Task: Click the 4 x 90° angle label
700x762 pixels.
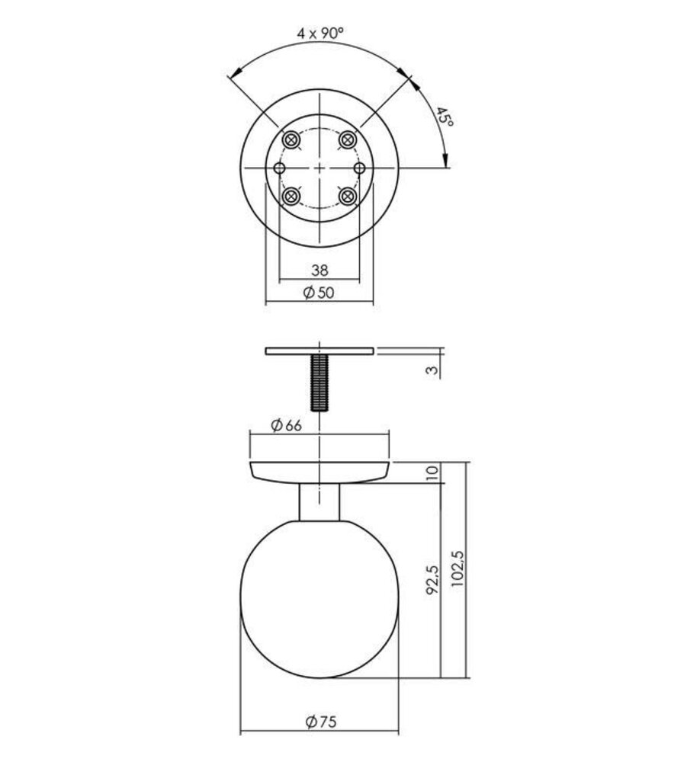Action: pyautogui.click(x=320, y=34)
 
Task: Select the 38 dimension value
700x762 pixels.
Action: pyautogui.click(x=319, y=269)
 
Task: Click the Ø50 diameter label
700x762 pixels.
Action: pyautogui.click(x=319, y=293)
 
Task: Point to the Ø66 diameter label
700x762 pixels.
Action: pyautogui.click(x=287, y=425)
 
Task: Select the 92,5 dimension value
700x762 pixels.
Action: pyautogui.click(x=432, y=579)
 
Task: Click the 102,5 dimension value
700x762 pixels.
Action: pyautogui.click(x=457, y=568)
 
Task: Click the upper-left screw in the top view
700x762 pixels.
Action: pyautogui.click(x=291, y=139)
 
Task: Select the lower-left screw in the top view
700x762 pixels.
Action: pyautogui.click(x=291, y=197)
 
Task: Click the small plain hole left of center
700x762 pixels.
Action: pyautogui.click(x=279, y=168)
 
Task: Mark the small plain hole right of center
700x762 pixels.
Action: pyautogui.click(x=360, y=168)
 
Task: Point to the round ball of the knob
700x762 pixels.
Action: pyautogui.click(x=319, y=598)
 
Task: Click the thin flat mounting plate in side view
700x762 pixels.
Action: pyautogui.click(x=319, y=351)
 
